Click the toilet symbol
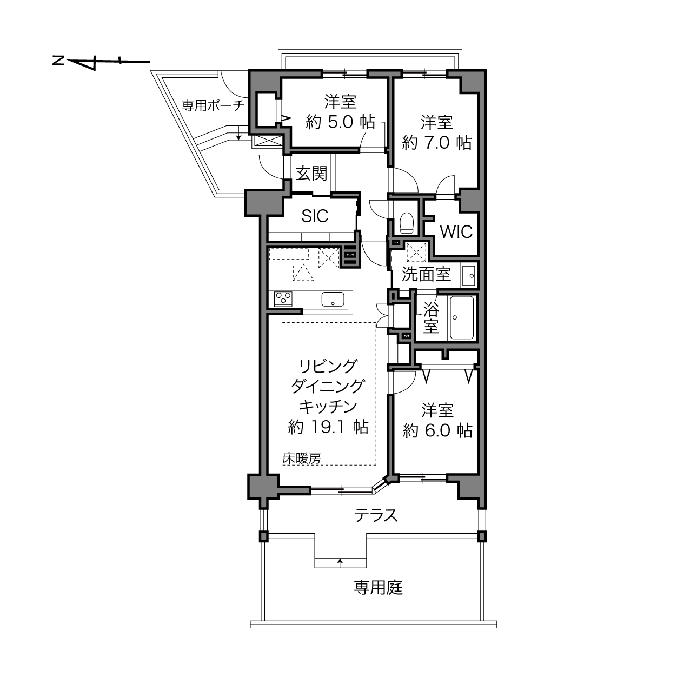tap(407, 223)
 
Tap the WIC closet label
tap(456, 232)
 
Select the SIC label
tap(315, 216)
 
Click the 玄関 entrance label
tap(311, 174)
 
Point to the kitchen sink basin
tap(333, 300)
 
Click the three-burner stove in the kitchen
tap(283, 300)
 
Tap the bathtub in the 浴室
tap(462, 317)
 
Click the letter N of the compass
tap(58, 61)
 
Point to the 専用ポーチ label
tap(213, 105)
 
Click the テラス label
tap(376, 516)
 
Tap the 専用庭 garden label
tap(378, 588)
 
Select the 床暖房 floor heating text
tap(302, 458)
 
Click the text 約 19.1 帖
tap(328, 427)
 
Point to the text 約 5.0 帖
tap(341, 122)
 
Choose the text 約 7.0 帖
tap(437, 142)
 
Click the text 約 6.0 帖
tap(437, 430)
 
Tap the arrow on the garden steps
tap(340, 562)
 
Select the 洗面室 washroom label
tap(426, 274)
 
